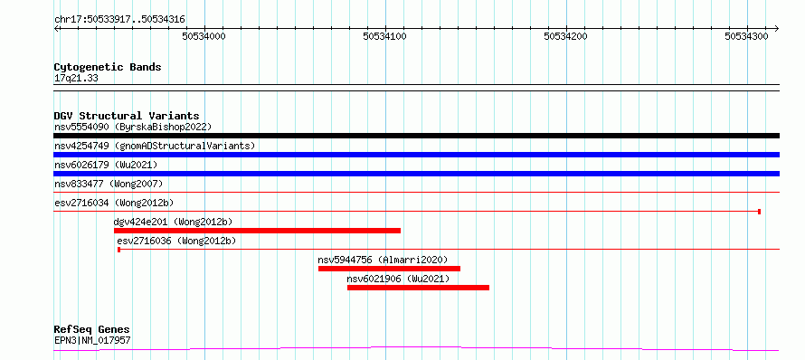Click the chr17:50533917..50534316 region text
tap(119, 20)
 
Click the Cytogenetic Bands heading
tap(108, 67)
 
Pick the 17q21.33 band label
tap(76, 79)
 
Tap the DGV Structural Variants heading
tap(127, 116)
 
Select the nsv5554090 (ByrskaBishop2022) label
tap(133, 127)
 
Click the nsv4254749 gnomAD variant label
tap(155, 146)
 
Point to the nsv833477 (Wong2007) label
tap(109, 184)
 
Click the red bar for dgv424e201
tap(257, 231)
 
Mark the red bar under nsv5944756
tap(389, 269)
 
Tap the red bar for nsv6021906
tap(418, 288)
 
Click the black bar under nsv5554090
tap(416, 136)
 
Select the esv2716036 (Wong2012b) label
tap(176, 241)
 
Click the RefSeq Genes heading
tap(92, 330)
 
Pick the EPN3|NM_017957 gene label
tap(92, 340)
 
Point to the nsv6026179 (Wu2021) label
tap(106, 165)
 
